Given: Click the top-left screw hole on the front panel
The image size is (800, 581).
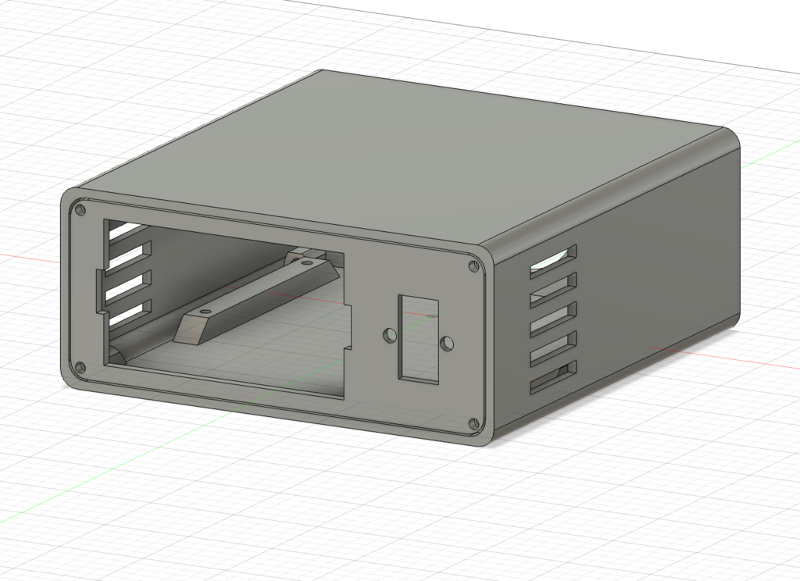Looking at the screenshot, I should [80, 209].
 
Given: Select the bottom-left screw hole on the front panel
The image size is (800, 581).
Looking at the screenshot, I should [80, 367].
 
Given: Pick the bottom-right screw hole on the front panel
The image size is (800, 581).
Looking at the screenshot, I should [473, 425].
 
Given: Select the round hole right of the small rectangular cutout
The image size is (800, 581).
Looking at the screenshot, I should [447, 343].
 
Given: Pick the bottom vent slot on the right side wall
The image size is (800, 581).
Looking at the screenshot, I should [553, 376].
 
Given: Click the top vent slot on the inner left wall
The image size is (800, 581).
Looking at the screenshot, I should [125, 230].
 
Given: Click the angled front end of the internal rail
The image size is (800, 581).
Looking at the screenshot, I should [187, 330].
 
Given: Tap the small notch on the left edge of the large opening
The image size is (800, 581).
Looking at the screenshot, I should [100, 292].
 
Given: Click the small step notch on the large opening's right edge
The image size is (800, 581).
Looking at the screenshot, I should [348, 309].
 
